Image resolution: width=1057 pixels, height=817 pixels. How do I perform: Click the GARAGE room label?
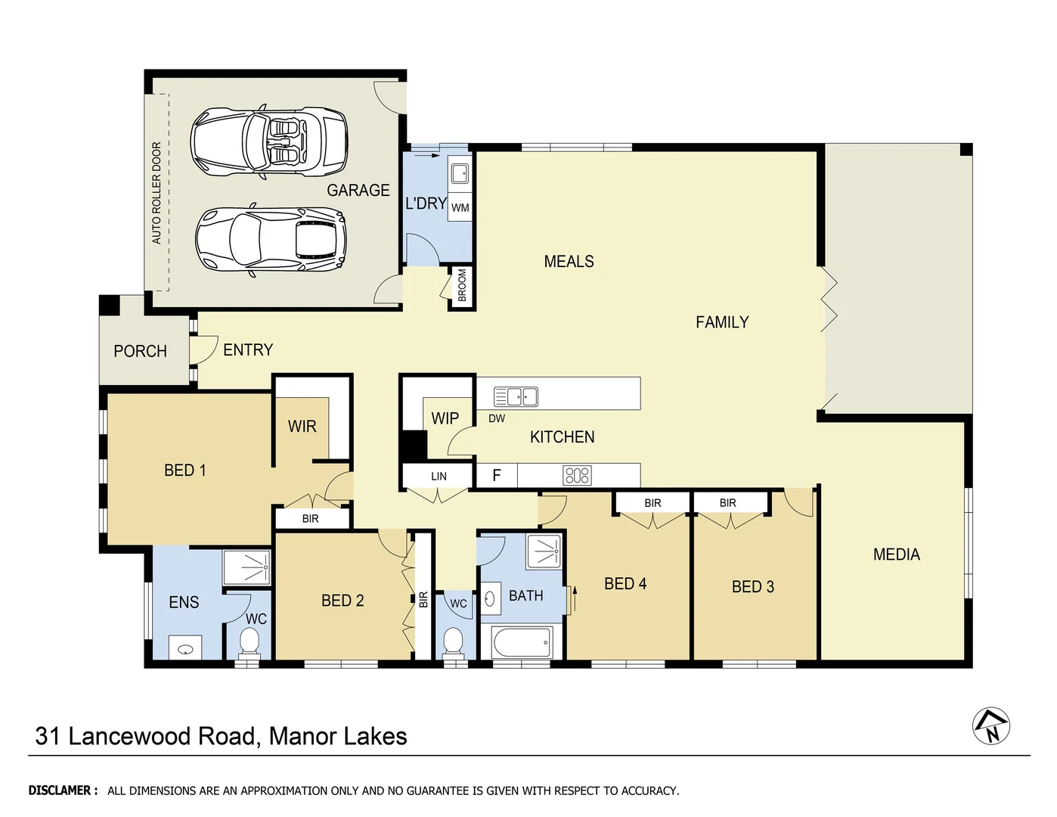(x=358, y=191)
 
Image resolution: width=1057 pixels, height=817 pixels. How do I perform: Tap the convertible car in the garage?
(x=268, y=141)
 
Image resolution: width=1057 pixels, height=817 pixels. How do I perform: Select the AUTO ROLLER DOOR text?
(x=157, y=193)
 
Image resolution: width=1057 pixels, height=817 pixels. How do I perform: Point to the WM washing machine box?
(x=460, y=208)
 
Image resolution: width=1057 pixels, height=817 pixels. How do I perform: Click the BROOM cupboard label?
(x=462, y=286)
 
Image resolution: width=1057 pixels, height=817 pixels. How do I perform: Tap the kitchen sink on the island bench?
(x=516, y=396)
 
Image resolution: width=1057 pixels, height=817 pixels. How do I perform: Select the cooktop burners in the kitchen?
(x=577, y=475)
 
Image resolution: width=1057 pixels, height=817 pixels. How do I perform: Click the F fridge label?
(x=497, y=475)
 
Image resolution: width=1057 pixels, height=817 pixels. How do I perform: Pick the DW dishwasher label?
(x=497, y=418)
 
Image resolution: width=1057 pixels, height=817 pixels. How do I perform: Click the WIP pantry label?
(x=445, y=418)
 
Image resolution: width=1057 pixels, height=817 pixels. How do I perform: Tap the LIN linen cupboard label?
(x=439, y=477)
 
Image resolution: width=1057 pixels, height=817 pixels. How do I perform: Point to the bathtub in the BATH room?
(x=522, y=644)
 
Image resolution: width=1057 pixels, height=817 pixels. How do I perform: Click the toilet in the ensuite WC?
(x=249, y=643)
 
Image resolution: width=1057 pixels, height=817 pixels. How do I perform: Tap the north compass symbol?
(x=991, y=727)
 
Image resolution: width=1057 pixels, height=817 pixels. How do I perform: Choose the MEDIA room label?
(x=896, y=555)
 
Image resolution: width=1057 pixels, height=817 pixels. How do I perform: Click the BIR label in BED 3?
(x=727, y=503)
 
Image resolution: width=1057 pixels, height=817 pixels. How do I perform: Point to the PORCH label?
(x=140, y=352)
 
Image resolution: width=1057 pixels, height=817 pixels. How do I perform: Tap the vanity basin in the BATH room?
(x=489, y=599)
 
